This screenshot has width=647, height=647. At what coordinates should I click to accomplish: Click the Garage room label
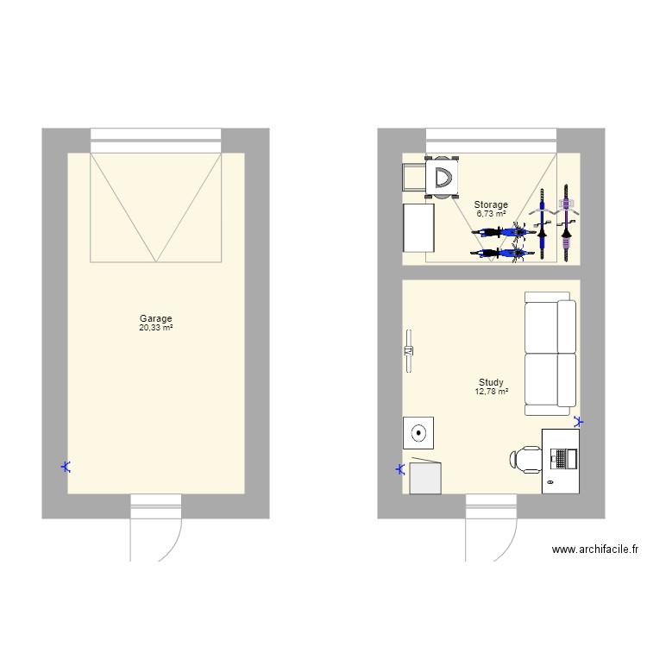pos(156,318)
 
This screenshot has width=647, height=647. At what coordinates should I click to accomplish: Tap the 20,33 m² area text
pos(156,327)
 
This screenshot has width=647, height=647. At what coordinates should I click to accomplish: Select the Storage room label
pos(491,204)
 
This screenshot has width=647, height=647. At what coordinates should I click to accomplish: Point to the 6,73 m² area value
pos(491,213)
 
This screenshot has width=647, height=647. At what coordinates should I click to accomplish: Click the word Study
pos(491,383)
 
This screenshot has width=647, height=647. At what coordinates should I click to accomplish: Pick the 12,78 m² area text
pos(491,392)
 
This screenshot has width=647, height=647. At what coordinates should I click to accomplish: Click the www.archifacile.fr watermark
pos(595,549)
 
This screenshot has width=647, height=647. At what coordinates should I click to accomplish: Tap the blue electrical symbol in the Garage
pos(66,468)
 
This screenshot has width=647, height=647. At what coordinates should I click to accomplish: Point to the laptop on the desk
pos(562,457)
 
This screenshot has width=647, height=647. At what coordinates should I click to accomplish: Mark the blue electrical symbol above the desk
pos(577,422)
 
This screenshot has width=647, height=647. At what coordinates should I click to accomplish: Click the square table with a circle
pos(418,432)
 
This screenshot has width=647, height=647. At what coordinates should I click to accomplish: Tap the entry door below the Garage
pos(155,526)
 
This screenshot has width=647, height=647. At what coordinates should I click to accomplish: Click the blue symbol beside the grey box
pos(399,470)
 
